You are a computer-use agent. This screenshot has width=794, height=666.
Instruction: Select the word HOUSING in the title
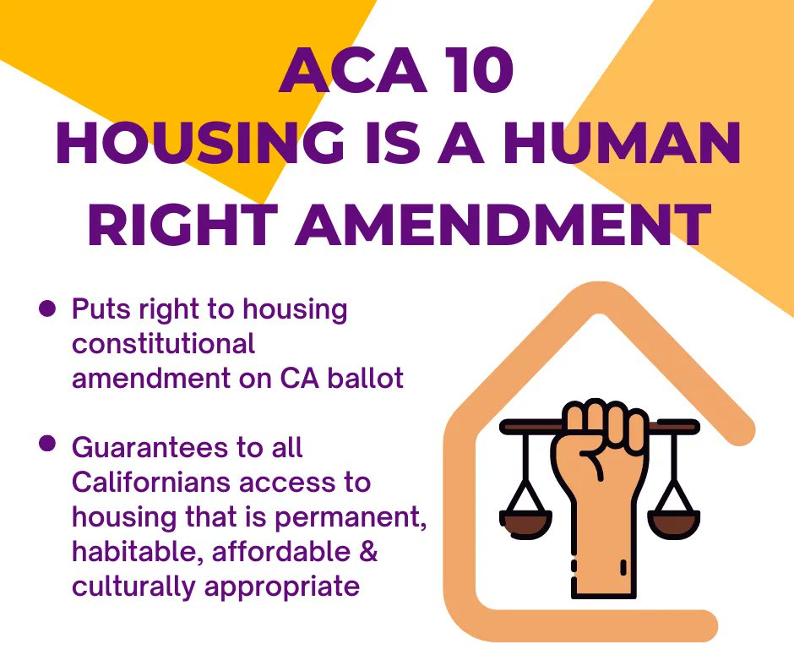click(x=201, y=145)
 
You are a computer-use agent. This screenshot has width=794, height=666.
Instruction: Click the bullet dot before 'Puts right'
click(x=48, y=309)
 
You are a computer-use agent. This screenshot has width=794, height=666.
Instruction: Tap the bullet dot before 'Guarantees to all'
click(x=48, y=445)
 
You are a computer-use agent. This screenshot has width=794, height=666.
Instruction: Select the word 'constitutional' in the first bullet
click(x=163, y=344)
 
